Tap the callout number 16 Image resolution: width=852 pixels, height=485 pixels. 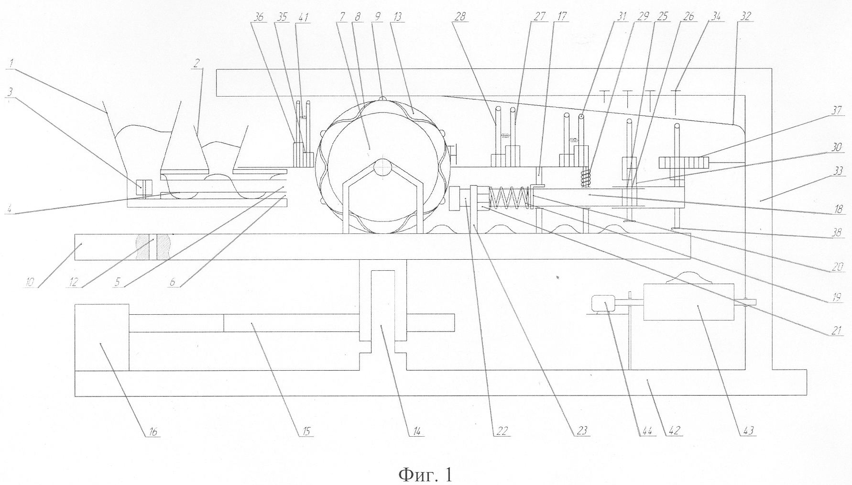pyautogui.click(x=153, y=432)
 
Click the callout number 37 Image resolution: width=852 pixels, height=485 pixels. pyautogui.click(x=836, y=111)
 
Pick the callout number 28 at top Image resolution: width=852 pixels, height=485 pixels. pyautogui.click(x=461, y=17)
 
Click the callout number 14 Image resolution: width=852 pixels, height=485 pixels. pyautogui.click(x=416, y=432)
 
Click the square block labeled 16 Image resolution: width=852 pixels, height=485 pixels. pyautogui.click(x=102, y=337)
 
